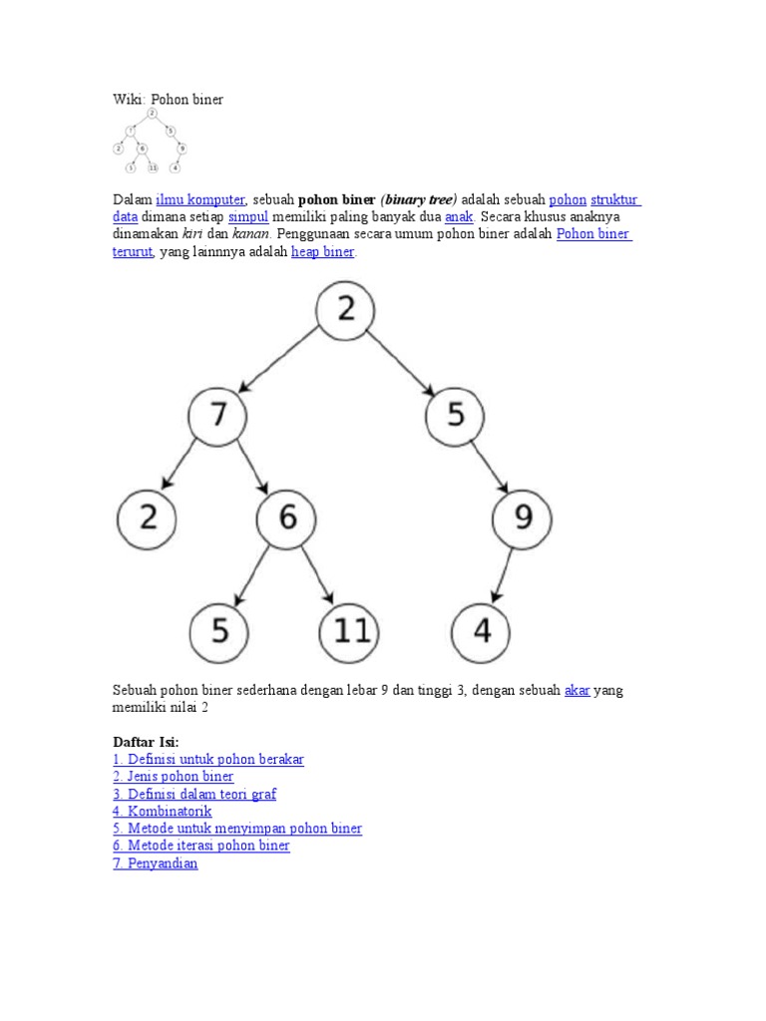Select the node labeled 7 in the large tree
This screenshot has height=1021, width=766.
[218, 414]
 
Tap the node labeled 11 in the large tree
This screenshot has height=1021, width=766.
[349, 632]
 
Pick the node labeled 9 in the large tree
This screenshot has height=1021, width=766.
[522, 517]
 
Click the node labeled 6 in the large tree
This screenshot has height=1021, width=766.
[286, 517]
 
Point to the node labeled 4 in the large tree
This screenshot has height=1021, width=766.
[481, 632]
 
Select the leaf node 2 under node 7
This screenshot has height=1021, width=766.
[147, 517]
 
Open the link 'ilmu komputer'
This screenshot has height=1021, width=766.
[200, 199]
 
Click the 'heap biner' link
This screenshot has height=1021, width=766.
[322, 252]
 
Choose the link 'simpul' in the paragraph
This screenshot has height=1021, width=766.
[248, 216]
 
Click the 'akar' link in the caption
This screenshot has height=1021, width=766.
[577, 690]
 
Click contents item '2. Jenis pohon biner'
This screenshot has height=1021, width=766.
[173, 777]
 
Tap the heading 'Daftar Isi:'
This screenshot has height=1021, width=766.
[146, 743]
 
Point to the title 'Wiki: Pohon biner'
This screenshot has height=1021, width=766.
[168, 100]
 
